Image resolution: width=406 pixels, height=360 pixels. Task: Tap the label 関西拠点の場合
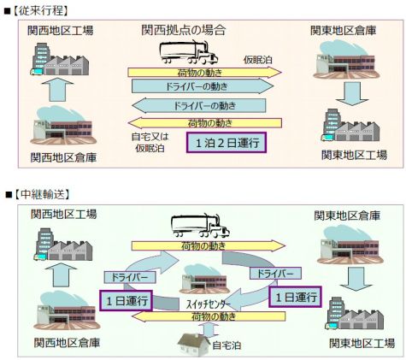pyautogui.click(x=184, y=31)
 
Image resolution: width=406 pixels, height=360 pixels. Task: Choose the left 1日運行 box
pyautogui.click(x=127, y=300)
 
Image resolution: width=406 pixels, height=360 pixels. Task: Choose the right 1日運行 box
pyautogui.click(x=294, y=296)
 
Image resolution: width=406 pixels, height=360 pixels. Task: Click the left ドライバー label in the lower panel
pyautogui.click(x=127, y=277)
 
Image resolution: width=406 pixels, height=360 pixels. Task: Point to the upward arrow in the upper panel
pyautogui.click(x=56, y=88)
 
